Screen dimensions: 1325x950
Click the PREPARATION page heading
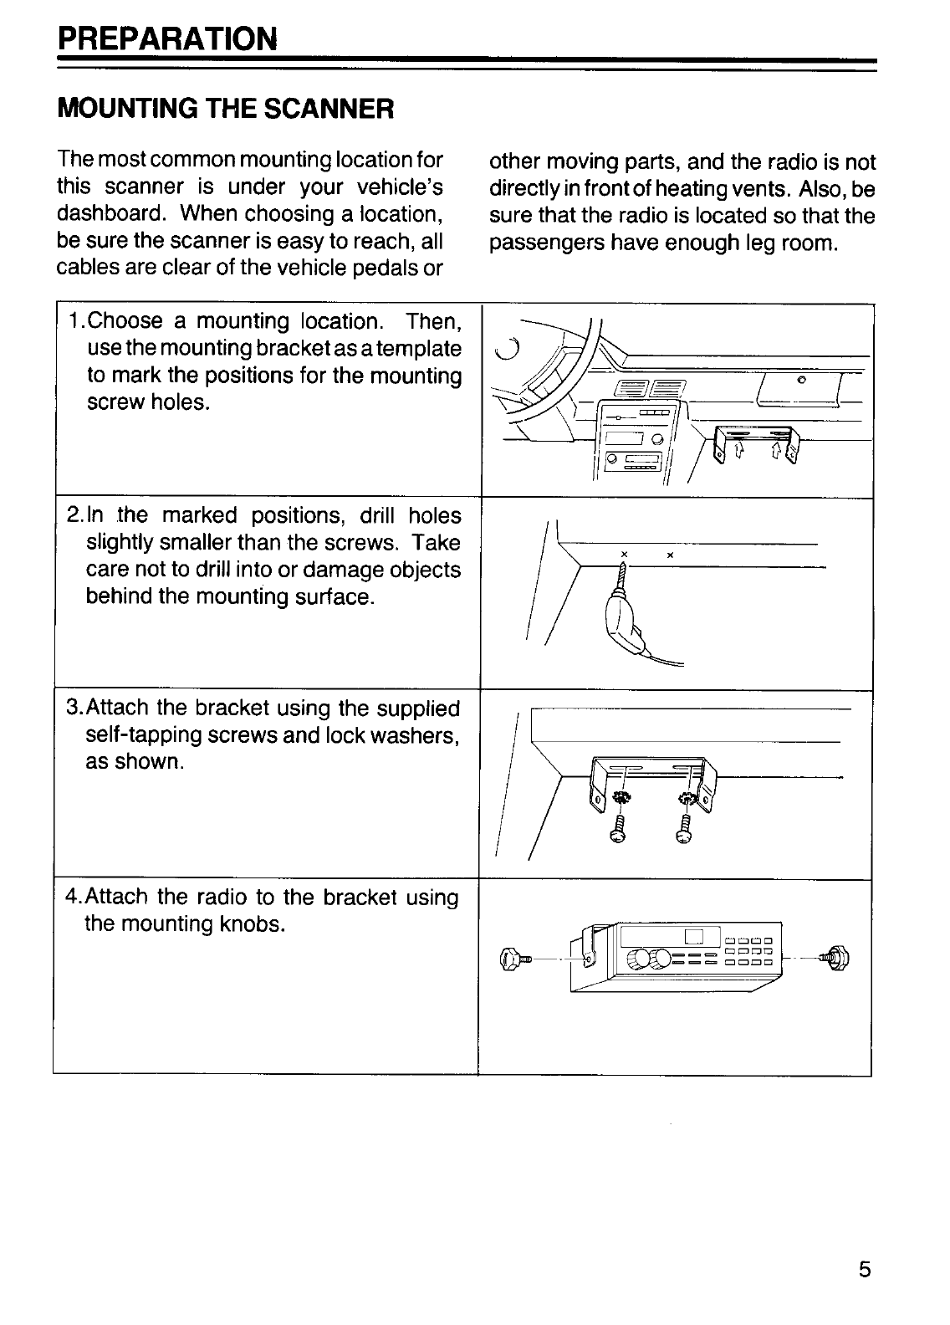pyautogui.click(x=166, y=38)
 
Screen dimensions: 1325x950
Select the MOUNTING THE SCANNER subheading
pyautogui.click(x=225, y=109)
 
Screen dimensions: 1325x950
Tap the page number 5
pyautogui.click(x=864, y=1269)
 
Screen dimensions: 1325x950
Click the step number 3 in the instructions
pyautogui.click(x=72, y=709)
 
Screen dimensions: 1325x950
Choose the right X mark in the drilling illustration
pyautogui.click(x=671, y=555)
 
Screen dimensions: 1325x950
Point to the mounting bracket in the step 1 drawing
pyautogui.click(x=756, y=443)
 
